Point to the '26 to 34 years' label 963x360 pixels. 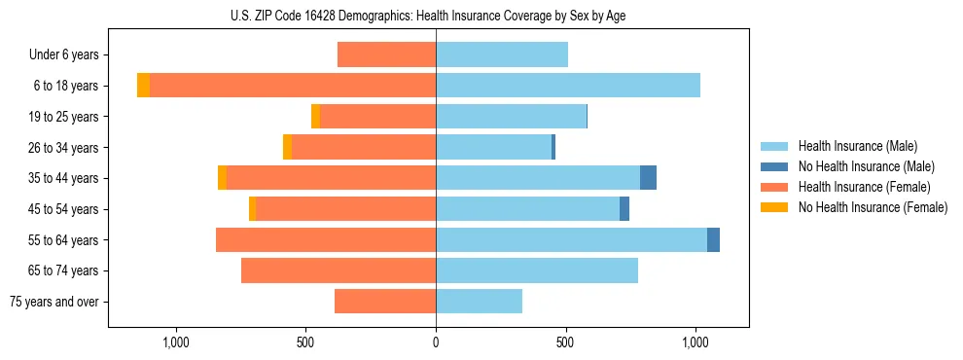pyautogui.click(x=63, y=148)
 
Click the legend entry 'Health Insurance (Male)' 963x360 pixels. pyautogui.click(x=857, y=146)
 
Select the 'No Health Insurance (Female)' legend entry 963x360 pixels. pyautogui.click(x=872, y=207)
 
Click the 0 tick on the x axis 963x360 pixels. pyautogui.click(x=436, y=343)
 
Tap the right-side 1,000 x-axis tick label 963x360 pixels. pyautogui.click(x=695, y=343)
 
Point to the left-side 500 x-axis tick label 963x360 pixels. pyautogui.click(x=305, y=343)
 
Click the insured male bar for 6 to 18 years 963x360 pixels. pyautogui.click(x=568, y=86)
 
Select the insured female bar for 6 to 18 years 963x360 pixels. pyautogui.click(x=293, y=86)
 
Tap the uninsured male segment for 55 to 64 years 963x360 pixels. pyautogui.click(x=713, y=239)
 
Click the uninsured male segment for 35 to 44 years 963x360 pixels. pyautogui.click(x=648, y=178)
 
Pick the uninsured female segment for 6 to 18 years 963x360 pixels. pyautogui.click(x=143, y=86)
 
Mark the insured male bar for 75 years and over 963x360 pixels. pyautogui.click(x=479, y=302)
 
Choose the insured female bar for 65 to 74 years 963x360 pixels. pyautogui.click(x=339, y=270)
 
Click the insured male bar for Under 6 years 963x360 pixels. pyautogui.click(x=502, y=54)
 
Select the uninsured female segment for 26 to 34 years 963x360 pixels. pyautogui.click(x=287, y=147)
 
